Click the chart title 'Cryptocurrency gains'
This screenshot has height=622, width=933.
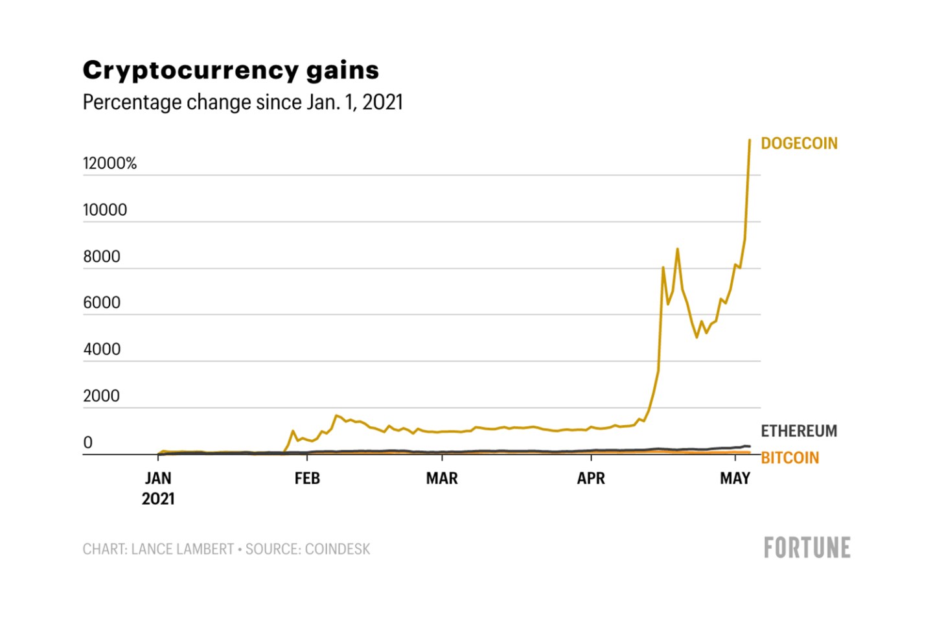231,71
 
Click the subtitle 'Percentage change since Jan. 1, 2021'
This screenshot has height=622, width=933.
242,102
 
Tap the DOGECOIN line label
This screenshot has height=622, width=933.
798,143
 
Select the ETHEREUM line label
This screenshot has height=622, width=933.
798,431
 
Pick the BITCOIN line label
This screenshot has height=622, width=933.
789,457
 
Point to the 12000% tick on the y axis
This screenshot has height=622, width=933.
109,163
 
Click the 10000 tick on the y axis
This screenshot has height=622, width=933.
105,210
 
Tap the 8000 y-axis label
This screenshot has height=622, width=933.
102,257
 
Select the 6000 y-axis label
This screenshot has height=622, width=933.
102,303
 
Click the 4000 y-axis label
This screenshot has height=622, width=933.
102,349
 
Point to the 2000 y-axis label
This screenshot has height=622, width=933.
102,396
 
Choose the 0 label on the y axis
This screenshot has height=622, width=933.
88,443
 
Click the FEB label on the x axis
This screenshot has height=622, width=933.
307,478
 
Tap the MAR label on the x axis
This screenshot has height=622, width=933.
442,478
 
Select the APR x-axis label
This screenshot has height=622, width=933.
591,478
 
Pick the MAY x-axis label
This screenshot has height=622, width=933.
735,478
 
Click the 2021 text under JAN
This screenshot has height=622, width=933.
158,499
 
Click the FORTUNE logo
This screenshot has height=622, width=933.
807,548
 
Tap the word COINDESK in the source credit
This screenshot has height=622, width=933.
338,549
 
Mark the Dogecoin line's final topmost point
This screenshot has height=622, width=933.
750,141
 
